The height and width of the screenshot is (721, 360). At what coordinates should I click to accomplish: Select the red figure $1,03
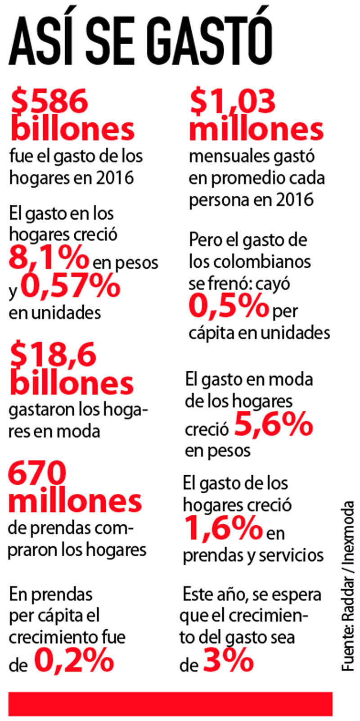[232, 100]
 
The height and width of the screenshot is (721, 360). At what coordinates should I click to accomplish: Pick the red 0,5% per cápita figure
[229, 306]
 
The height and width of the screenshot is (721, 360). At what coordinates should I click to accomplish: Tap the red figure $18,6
[53, 355]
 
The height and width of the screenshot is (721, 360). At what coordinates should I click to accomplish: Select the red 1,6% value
[223, 528]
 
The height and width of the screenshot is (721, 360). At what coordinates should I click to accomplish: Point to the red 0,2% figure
[74, 660]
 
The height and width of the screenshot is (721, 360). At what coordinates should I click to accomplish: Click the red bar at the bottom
[170, 703]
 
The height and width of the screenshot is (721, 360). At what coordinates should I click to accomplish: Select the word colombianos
[249, 261]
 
